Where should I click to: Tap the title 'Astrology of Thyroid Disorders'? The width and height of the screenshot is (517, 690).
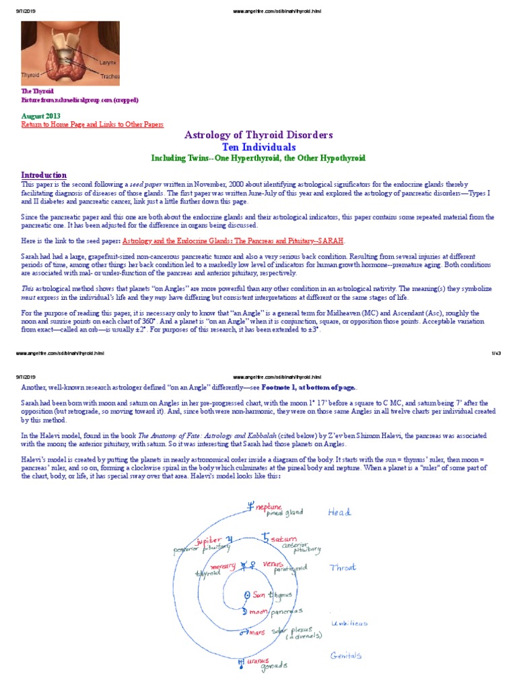point(258,135)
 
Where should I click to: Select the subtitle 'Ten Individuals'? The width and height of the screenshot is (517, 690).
point(258,146)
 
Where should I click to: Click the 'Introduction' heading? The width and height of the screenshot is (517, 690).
point(44,175)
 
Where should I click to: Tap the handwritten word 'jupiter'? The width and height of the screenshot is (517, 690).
point(209,541)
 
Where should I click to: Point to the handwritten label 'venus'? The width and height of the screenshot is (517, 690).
point(273,563)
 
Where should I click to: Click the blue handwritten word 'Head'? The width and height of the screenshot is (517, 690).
point(340,513)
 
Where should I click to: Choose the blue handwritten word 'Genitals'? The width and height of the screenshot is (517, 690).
point(347,655)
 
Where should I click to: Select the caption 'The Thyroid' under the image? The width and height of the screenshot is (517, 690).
point(37,91)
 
